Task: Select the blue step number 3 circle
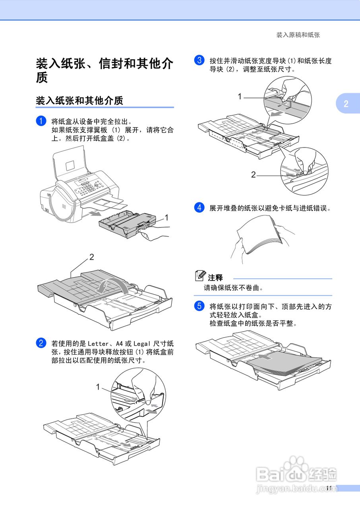pos(199,61)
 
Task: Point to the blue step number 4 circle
pos(199,208)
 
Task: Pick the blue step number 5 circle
pos(199,306)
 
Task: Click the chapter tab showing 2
pos(346,104)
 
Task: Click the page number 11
pos(328,488)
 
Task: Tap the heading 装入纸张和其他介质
pos(79,101)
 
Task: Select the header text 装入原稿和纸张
pos(298,35)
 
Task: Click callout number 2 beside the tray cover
pos(92,257)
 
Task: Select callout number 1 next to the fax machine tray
pos(167,218)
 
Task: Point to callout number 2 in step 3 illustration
pos(253,174)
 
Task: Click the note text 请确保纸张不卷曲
pos(234,288)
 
